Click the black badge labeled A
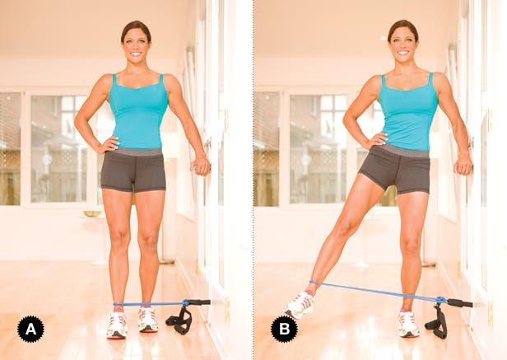pyautogui.click(x=30, y=329)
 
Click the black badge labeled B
pyautogui.click(x=284, y=329)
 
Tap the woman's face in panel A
pyautogui.click(x=136, y=46)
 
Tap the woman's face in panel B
pyautogui.click(x=402, y=45)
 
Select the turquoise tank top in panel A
pyautogui.click(x=138, y=114)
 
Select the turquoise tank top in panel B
pyautogui.click(x=408, y=114)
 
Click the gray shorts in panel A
pyautogui.click(x=133, y=170)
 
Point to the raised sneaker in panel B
pyautogui.click(x=300, y=305)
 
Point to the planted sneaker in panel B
pyautogui.click(x=409, y=324)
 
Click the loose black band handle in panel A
pyautogui.click(x=179, y=320)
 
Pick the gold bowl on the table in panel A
pyautogui.click(x=92, y=213)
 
